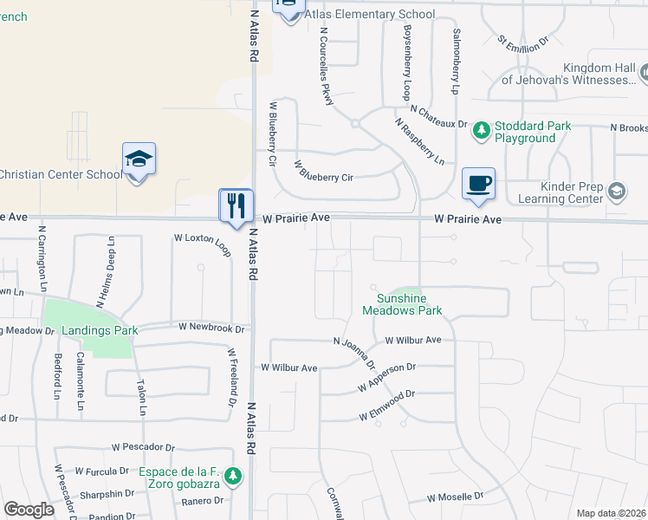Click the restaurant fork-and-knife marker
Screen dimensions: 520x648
(236, 205)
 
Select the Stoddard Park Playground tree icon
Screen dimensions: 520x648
(481, 132)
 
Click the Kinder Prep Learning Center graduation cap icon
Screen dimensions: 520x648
(617, 192)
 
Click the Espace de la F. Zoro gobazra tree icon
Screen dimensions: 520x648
(232, 476)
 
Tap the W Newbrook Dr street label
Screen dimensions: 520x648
(213, 328)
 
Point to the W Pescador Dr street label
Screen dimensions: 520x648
(145, 446)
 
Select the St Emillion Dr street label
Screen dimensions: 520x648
(523, 40)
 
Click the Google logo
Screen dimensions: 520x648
(29, 510)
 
